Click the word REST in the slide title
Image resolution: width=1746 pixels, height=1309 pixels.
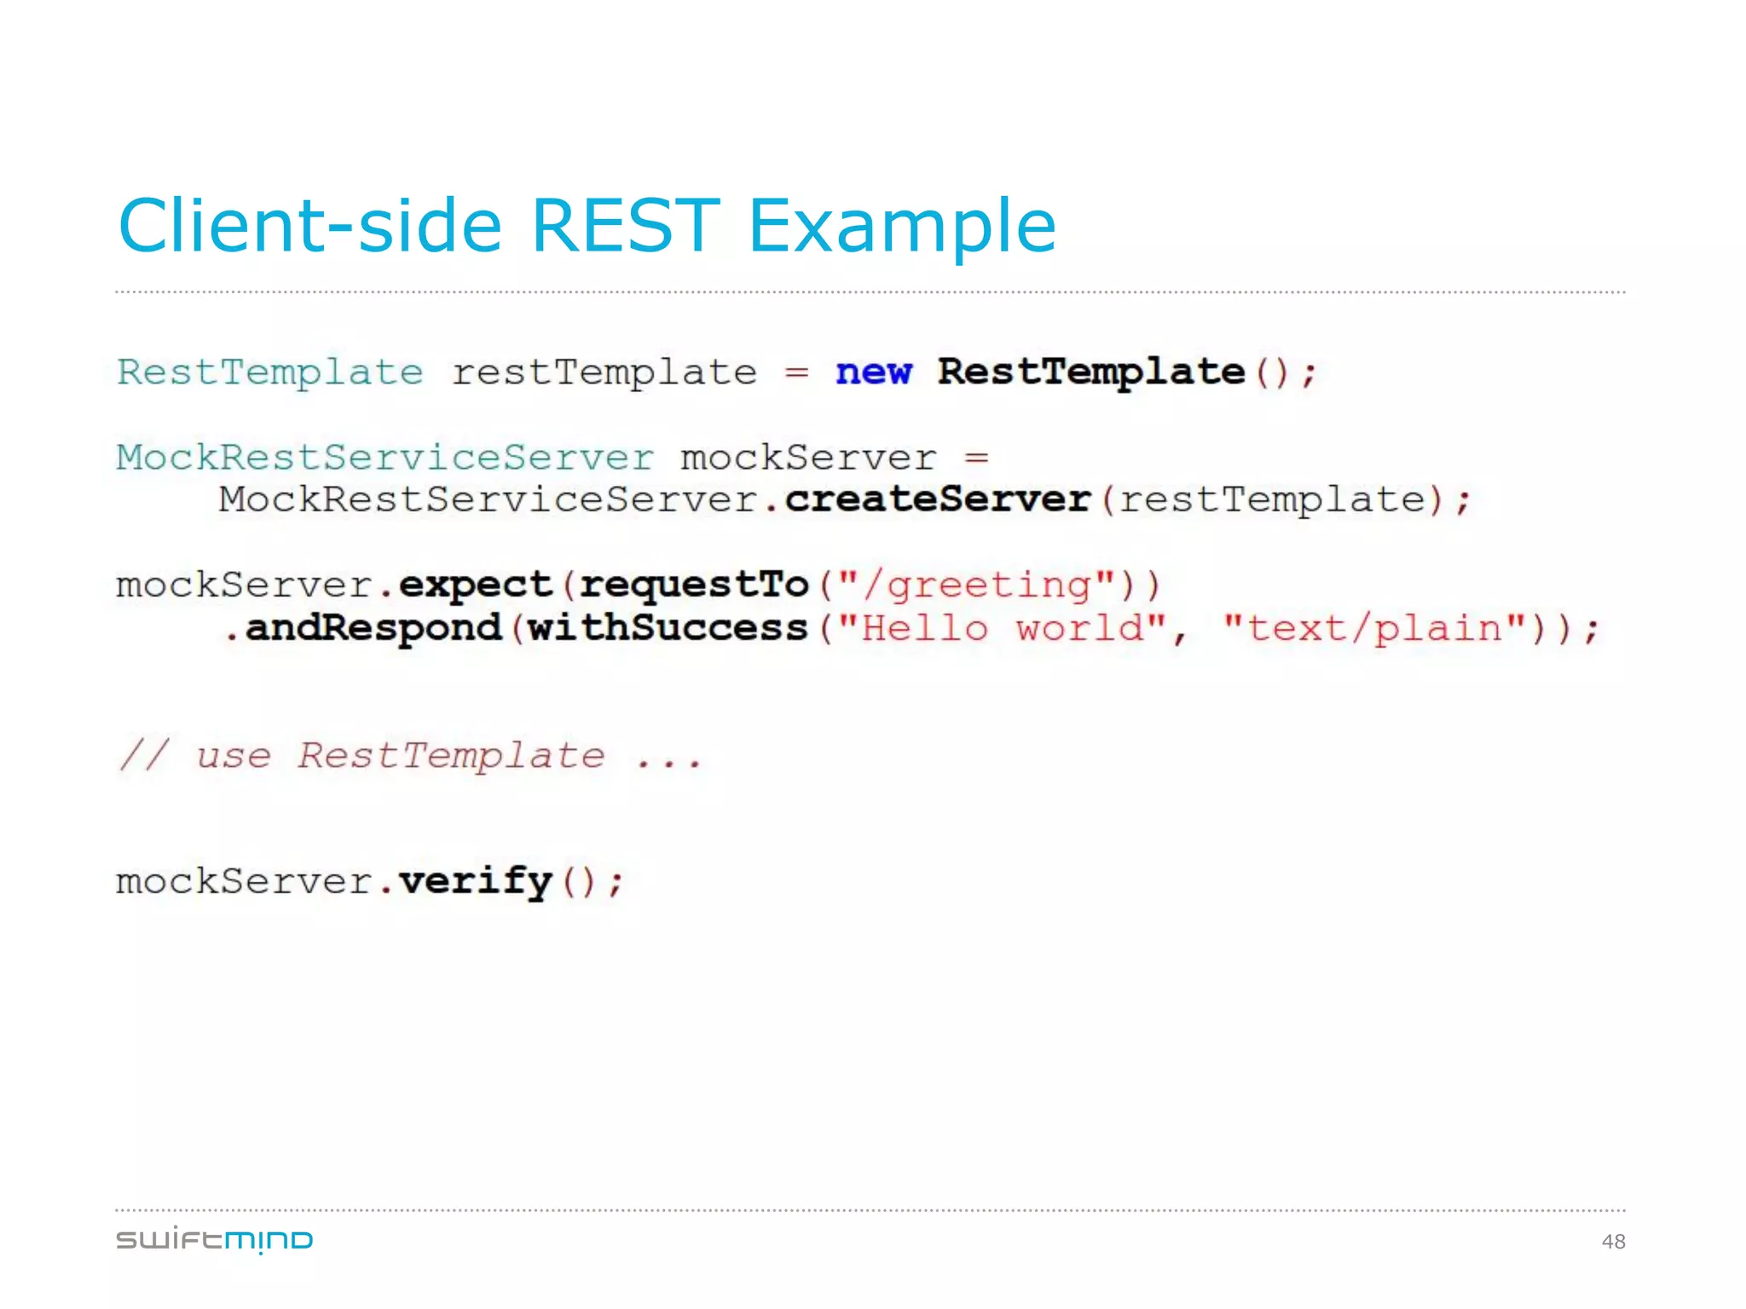coord(625,225)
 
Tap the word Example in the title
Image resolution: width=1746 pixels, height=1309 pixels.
coord(902,227)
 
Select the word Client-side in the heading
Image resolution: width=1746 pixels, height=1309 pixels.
coord(309,225)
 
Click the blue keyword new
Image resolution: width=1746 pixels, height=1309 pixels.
coord(873,372)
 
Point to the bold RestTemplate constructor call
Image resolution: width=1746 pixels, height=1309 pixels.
coord(1090,372)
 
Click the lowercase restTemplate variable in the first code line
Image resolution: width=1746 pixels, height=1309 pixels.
coord(604,372)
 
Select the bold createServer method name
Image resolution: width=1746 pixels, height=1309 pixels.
coord(938,499)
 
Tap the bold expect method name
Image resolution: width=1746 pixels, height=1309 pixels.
coord(475,585)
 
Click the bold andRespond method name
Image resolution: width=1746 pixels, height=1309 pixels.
coord(373,628)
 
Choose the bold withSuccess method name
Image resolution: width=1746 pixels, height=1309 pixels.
coord(668,628)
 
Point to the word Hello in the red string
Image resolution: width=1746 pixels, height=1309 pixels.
coord(925,628)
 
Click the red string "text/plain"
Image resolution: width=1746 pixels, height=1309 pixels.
coord(1373,628)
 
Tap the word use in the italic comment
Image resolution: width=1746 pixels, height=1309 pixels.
coord(233,756)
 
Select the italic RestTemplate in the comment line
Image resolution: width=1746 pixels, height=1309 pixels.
coord(451,756)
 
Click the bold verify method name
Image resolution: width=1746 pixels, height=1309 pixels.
coord(475,881)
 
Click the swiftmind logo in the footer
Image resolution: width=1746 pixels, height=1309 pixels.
coord(214,1240)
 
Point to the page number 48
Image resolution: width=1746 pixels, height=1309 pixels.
coord(1613,1242)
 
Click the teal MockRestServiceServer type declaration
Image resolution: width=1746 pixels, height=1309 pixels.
coord(385,458)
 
